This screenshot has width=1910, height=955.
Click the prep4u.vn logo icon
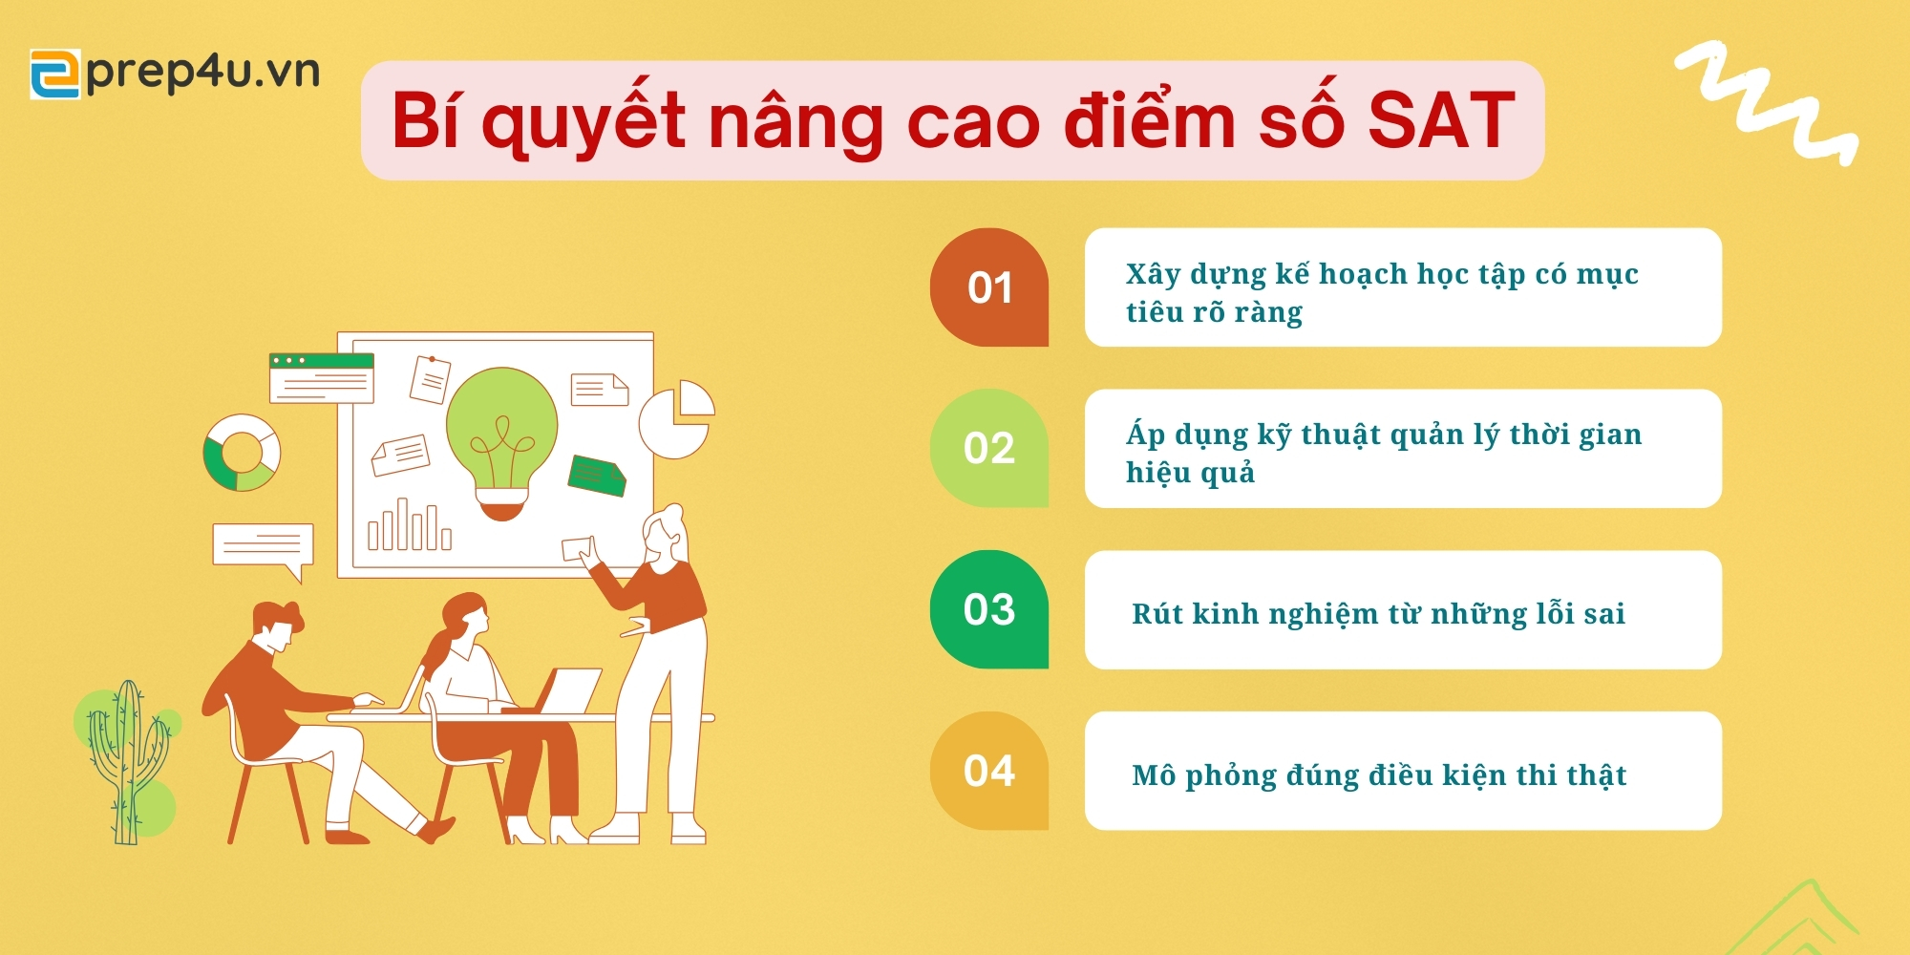55,74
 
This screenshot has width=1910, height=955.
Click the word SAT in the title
1441,121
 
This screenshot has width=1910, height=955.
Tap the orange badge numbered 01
989,287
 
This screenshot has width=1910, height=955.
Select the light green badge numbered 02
989,448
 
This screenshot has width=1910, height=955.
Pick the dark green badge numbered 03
989,609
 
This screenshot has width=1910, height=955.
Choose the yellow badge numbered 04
989,771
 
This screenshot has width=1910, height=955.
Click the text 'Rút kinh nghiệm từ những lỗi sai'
1378,614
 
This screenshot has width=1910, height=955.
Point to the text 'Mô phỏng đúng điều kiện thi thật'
1379,775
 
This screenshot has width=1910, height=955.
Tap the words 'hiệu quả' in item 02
1190,472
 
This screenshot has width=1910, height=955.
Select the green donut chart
242,453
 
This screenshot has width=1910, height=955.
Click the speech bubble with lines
263,550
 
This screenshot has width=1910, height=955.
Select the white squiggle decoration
1768,103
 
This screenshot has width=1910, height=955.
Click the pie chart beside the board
677,419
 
